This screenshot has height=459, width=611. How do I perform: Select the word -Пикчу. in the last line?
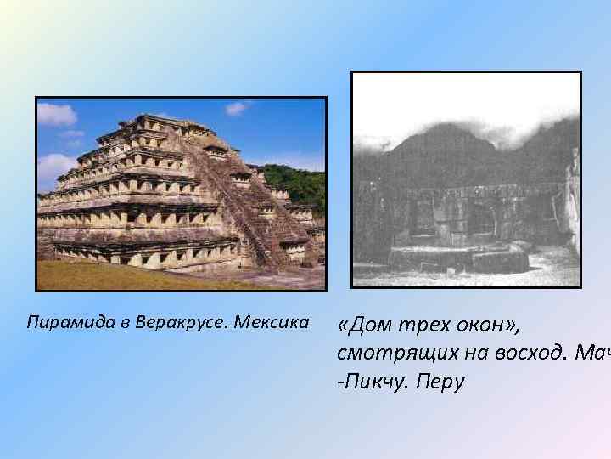pyautogui.click(x=373, y=382)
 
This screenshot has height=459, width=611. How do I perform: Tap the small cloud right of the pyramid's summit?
pyautogui.click(x=237, y=108)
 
